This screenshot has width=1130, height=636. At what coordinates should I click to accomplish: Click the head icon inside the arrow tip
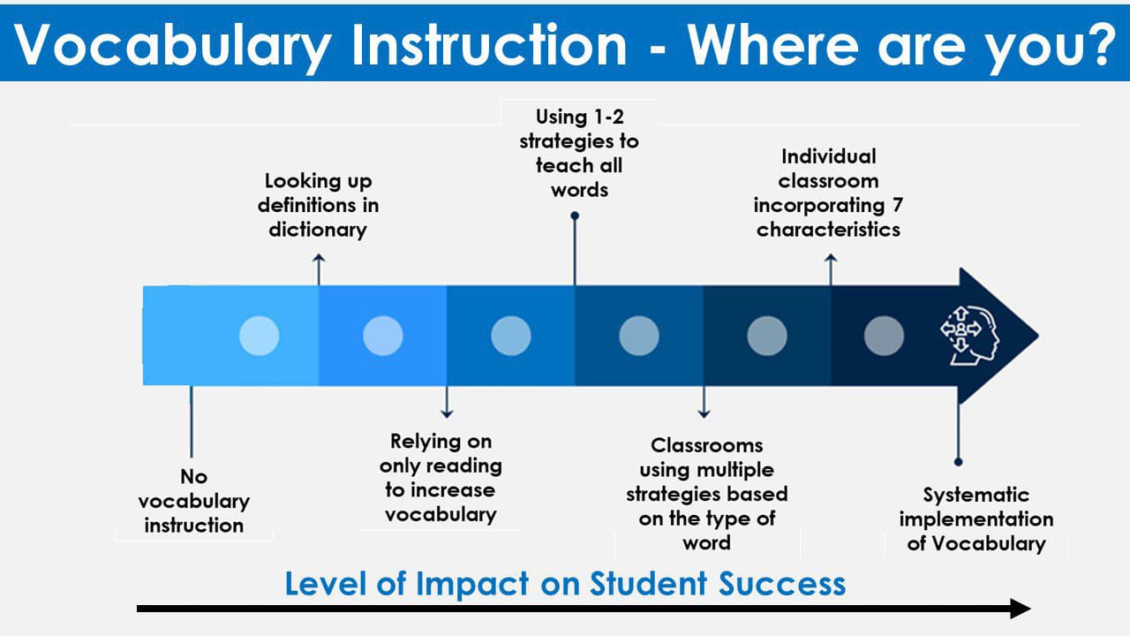969,335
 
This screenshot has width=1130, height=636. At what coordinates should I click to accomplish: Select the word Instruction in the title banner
489,44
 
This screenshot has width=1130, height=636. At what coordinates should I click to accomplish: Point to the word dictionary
318,231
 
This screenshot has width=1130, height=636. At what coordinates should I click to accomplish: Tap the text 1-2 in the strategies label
609,117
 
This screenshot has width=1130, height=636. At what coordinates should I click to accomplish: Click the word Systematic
976,496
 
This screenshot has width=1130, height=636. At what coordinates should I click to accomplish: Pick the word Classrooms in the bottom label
707,445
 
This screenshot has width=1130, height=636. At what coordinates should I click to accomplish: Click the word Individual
828,156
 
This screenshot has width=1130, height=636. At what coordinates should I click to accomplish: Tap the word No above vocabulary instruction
193,476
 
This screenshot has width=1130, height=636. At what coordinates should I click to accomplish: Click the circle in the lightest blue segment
260,336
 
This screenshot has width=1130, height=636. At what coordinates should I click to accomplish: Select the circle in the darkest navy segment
884,336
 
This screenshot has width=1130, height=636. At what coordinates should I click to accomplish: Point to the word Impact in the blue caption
472,585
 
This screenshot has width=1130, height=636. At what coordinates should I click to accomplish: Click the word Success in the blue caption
782,584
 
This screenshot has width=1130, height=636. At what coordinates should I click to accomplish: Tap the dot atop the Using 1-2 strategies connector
575,216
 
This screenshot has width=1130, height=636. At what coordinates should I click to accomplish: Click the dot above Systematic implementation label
958,462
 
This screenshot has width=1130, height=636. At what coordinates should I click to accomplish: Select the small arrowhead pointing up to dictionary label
319,258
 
